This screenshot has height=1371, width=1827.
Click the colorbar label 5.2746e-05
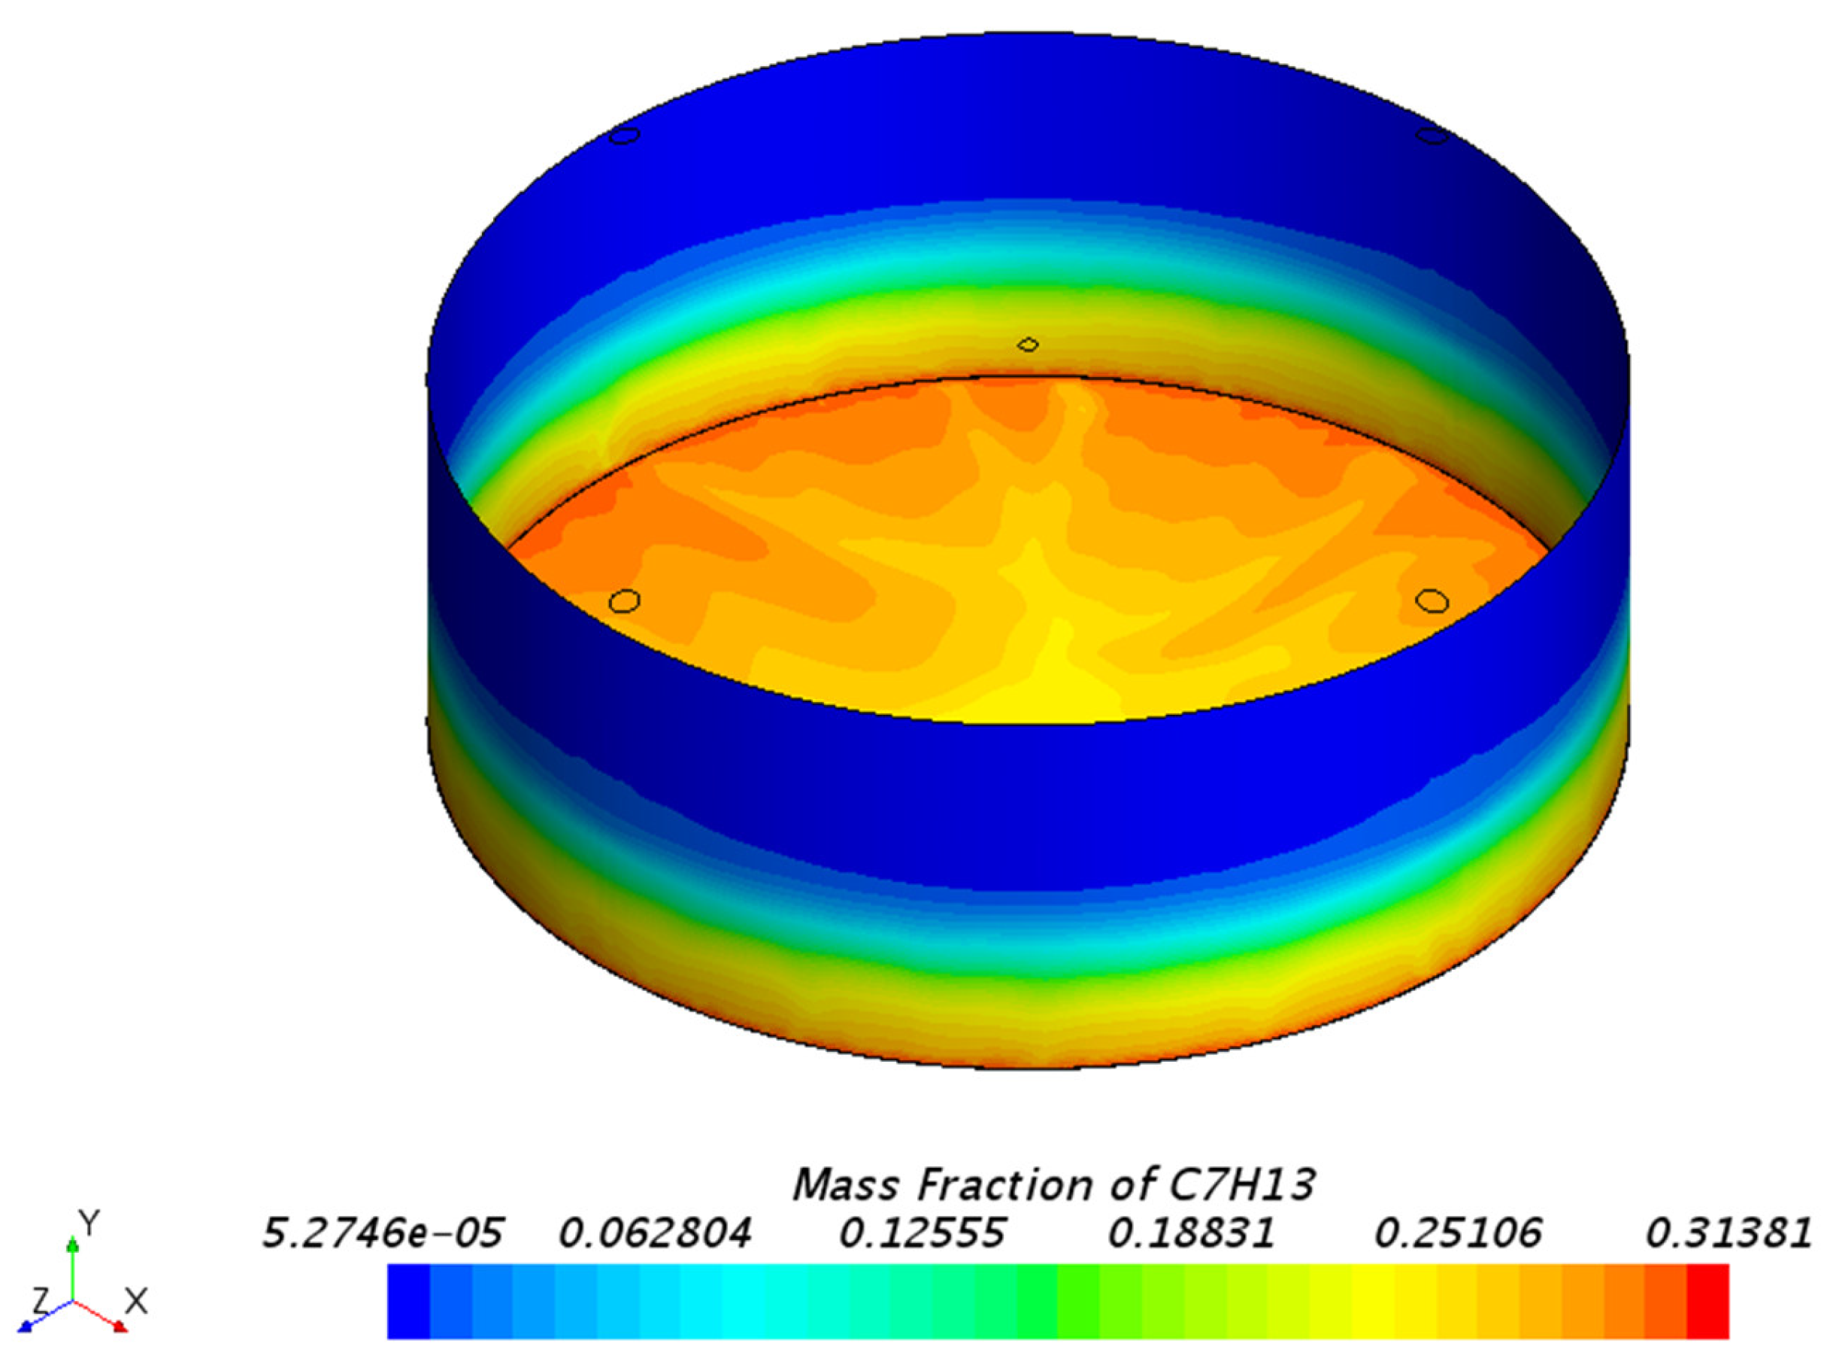coord(382,1234)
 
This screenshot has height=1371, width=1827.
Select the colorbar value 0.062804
coord(655,1234)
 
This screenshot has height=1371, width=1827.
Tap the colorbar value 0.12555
coord(922,1234)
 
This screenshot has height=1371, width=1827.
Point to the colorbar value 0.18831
coord(1191,1234)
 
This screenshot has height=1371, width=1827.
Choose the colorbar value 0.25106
coord(1458,1234)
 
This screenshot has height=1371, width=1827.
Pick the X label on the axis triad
coord(135,1303)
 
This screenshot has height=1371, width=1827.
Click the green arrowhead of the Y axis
coord(73,1244)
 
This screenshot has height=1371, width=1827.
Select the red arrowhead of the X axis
coord(120,1327)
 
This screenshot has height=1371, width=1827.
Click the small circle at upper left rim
coord(625,135)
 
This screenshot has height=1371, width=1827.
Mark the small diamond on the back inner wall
coord(1028,344)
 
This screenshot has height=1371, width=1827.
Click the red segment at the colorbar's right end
coord(1707,1302)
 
